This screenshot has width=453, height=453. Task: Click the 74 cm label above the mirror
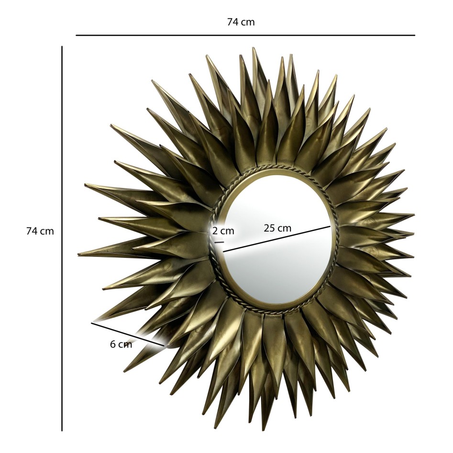241,22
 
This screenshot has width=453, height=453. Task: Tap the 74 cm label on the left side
40,231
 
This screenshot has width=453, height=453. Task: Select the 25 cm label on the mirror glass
277,228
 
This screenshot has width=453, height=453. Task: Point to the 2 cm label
223,231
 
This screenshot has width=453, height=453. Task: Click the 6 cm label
121,344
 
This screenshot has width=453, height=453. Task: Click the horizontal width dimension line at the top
245,35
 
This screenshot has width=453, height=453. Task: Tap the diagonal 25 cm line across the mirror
276,238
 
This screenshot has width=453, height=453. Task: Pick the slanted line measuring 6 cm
128,334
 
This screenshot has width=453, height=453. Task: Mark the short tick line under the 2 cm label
219,243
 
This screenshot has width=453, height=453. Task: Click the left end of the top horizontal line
77,35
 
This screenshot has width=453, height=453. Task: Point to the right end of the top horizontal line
414,35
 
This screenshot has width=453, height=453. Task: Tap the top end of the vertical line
62,46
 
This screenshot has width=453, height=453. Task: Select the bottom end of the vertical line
62,431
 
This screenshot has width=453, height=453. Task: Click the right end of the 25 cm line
331,226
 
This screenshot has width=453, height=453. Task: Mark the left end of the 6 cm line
92,323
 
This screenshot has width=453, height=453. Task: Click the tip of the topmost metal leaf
254,48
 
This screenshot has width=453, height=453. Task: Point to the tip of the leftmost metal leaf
78,254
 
